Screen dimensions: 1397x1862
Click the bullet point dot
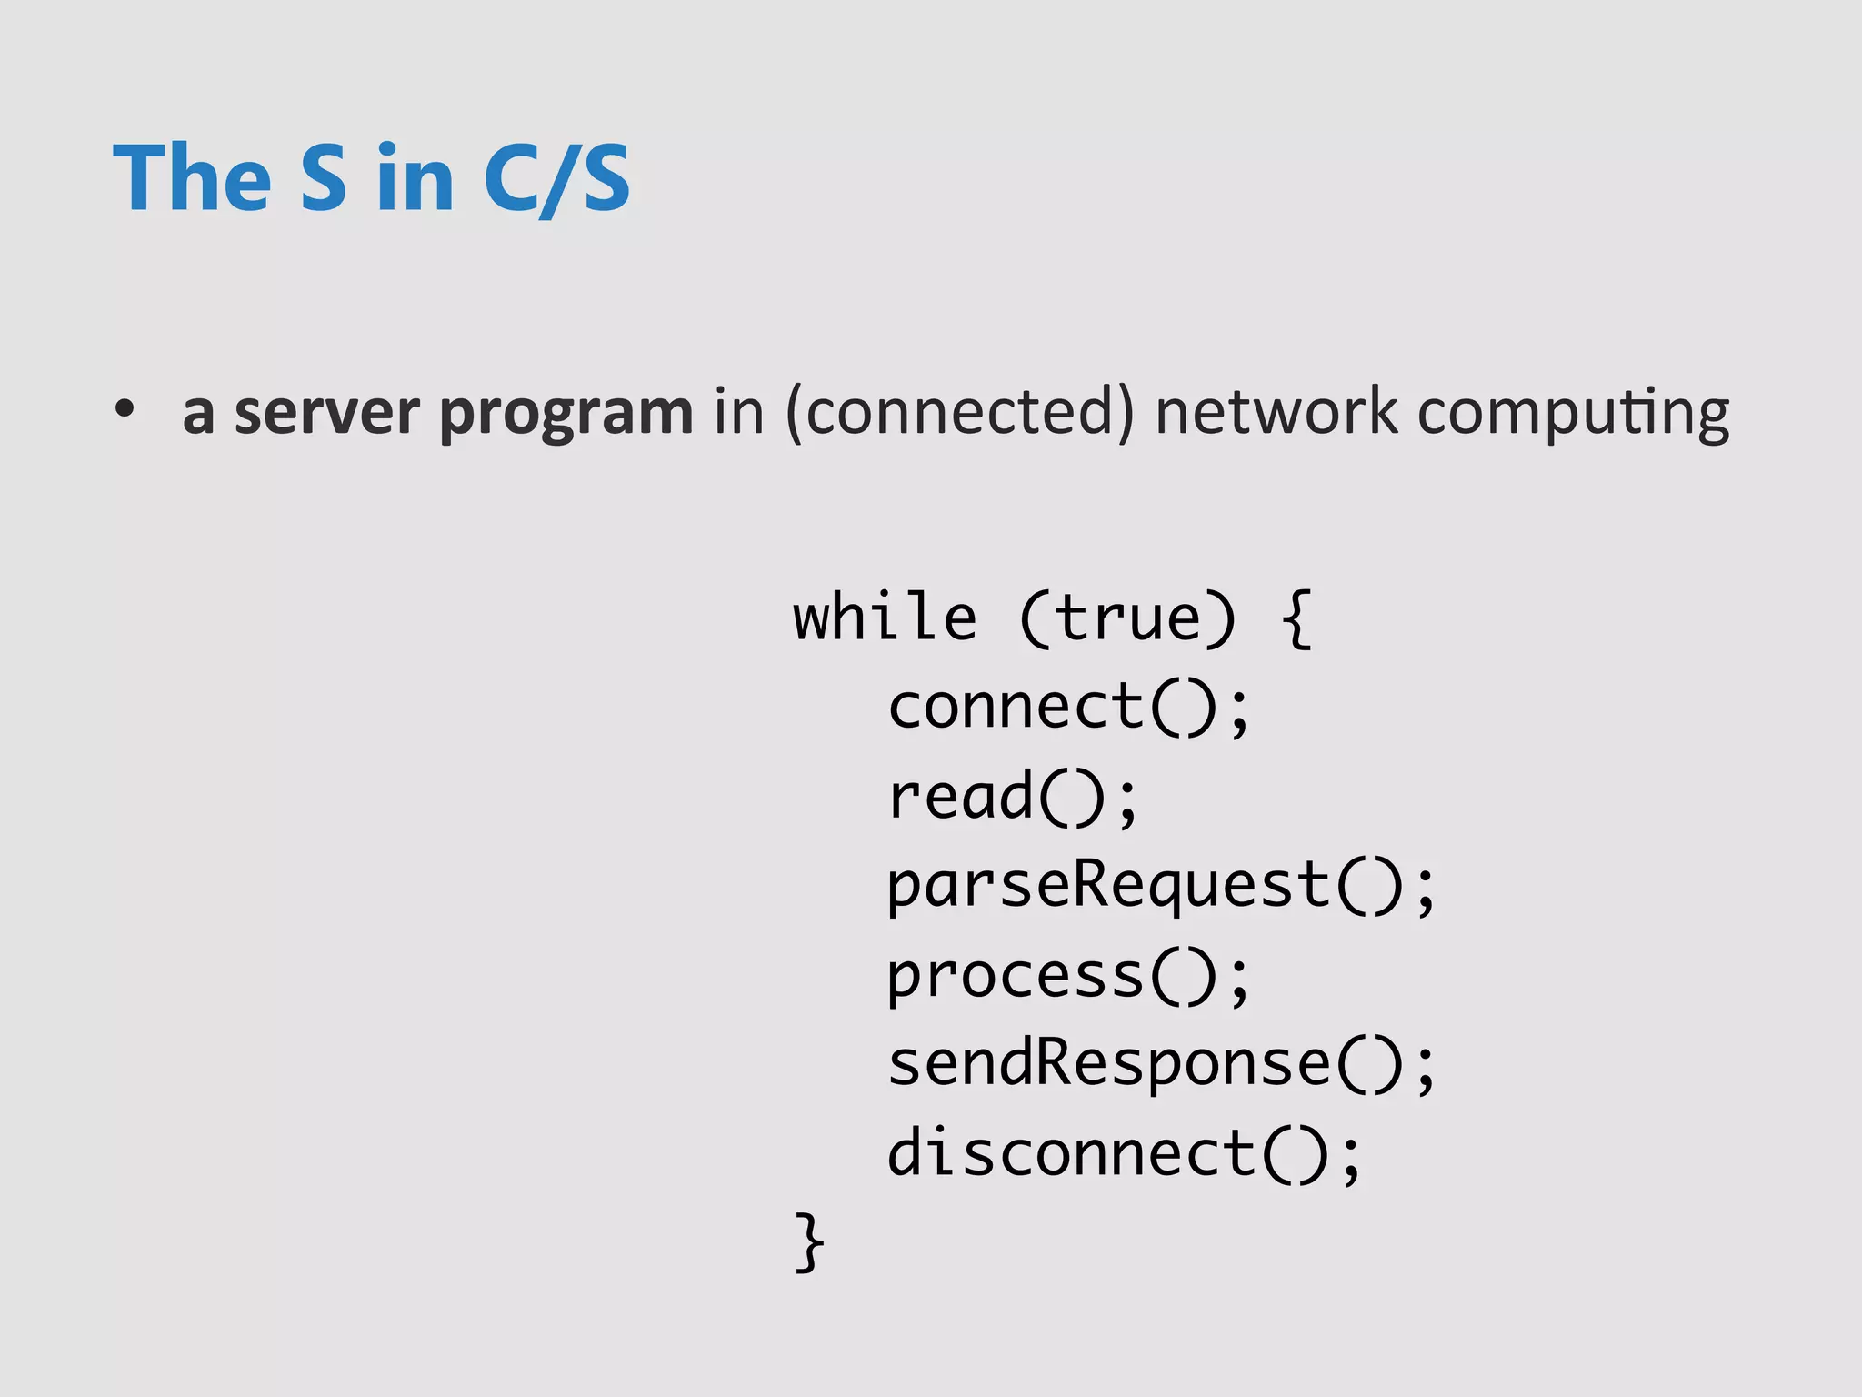click(x=125, y=409)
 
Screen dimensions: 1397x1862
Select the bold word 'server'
click(x=327, y=412)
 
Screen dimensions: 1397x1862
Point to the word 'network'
click(x=1276, y=412)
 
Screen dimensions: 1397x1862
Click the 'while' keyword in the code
click(x=885, y=618)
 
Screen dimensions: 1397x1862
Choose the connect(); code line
click(x=1069, y=707)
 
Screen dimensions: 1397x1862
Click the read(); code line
click(x=1013, y=797)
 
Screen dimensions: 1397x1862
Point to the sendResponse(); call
click(x=1161, y=1064)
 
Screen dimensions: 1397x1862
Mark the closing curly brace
click(x=809, y=1241)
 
